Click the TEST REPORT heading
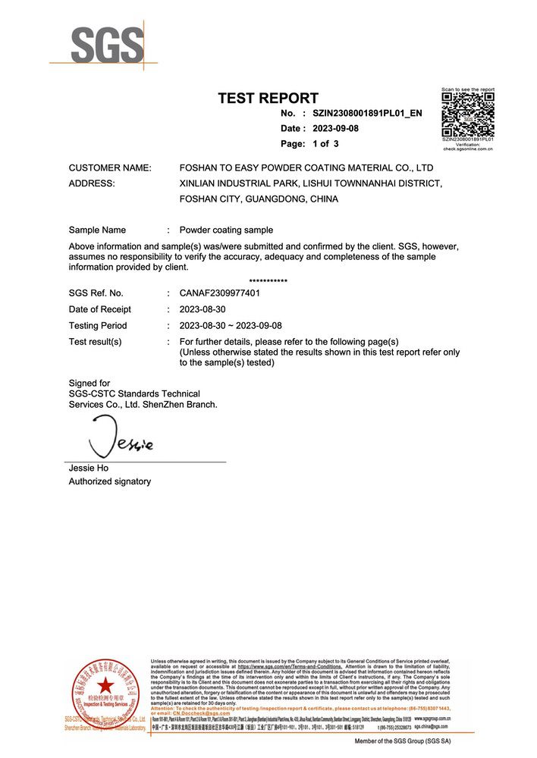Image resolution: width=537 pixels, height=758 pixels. click(x=268, y=98)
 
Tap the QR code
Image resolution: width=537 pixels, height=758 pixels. click(x=468, y=114)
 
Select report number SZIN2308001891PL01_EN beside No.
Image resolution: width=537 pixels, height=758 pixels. click(x=367, y=113)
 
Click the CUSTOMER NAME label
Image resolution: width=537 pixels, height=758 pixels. click(x=110, y=168)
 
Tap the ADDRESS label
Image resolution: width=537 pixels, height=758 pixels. click(x=92, y=183)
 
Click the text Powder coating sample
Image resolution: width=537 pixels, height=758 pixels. click(x=226, y=230)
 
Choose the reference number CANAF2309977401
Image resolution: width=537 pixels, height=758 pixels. click(x=219, y=293)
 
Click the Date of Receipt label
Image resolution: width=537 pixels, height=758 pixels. click(x=99, y=309)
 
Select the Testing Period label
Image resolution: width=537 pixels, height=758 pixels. click(x=98, y=325)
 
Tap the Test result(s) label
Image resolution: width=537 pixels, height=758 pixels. click(x=95, y=342)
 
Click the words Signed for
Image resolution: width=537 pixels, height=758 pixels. click(x=89, y=383)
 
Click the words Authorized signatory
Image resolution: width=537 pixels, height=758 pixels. click(x=110, y=481)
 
